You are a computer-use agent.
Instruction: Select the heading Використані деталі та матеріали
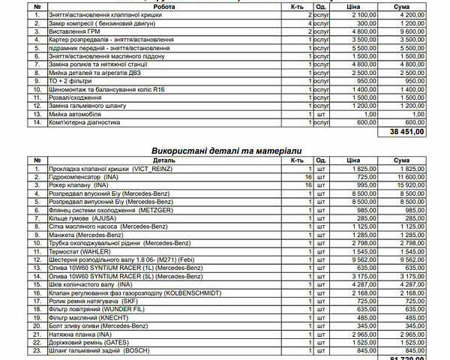coord(225,151)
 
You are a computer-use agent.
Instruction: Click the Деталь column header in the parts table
coord(164,160)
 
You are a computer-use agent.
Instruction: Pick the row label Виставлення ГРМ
coord(75,31)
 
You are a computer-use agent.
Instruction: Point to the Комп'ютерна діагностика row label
coord(85,122)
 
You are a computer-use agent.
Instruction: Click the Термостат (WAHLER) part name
coord(79,251)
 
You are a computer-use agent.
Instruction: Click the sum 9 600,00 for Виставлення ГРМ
coord(408,31)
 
